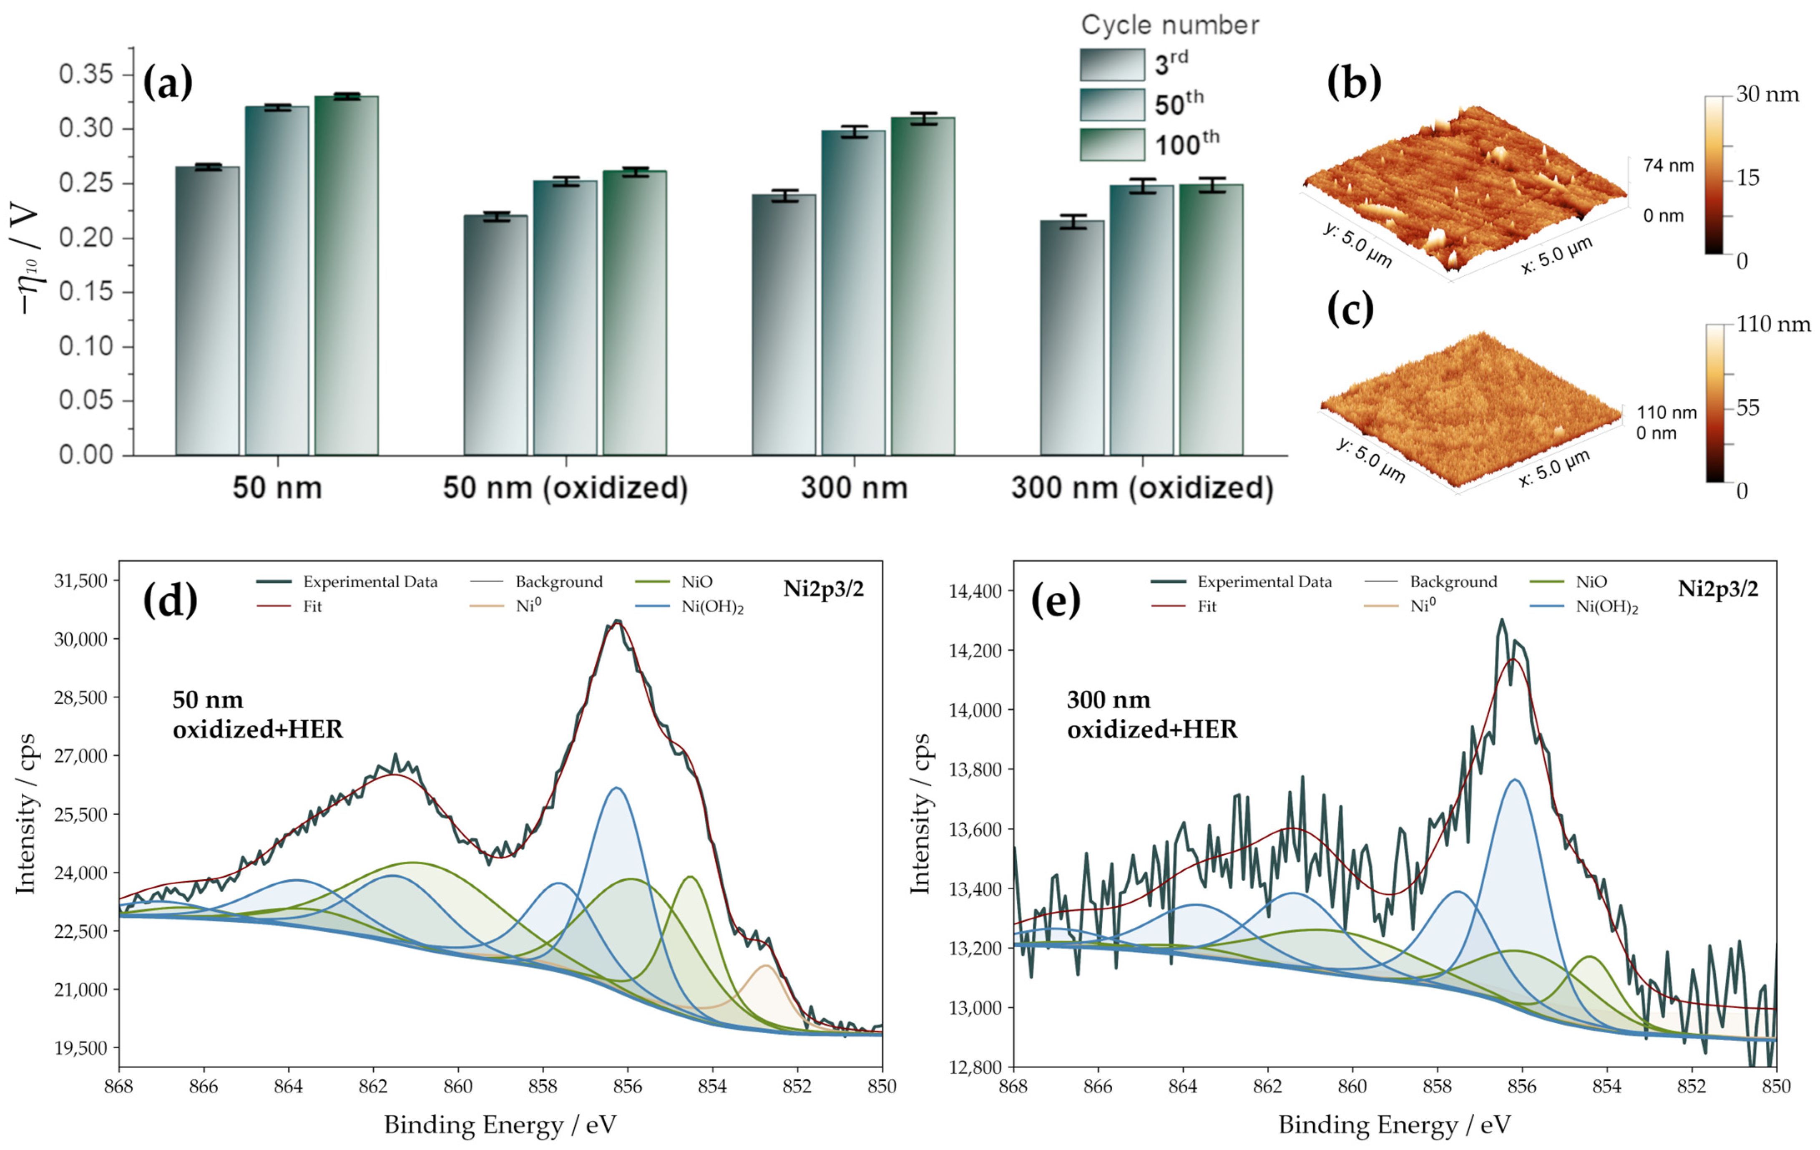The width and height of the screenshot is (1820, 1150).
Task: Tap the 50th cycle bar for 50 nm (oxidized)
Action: coord(565,317)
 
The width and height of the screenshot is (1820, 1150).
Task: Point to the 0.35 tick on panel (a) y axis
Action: coord(86,75)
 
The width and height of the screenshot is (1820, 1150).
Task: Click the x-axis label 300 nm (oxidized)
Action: coord(1142,488)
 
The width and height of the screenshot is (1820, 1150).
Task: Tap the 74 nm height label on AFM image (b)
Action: coord(1668,166)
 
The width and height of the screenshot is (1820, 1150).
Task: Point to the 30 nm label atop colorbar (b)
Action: coord(1767,95)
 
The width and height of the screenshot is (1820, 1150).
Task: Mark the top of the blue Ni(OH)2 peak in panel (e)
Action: coord(1515,780)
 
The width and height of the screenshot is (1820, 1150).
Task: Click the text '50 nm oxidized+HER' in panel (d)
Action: coord(257,715)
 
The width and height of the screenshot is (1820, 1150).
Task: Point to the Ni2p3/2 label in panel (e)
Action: coord(1717,589)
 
